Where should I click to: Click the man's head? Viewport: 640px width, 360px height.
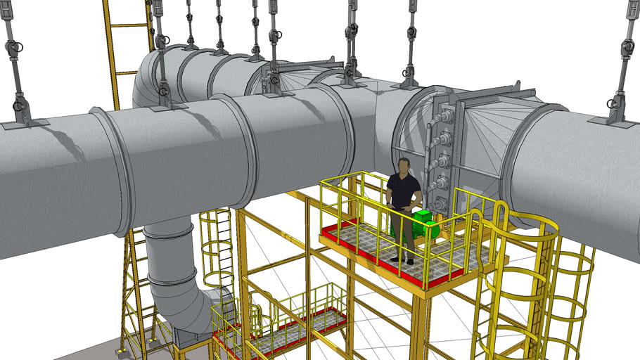point(404,167)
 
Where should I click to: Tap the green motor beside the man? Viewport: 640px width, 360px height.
point(425,224)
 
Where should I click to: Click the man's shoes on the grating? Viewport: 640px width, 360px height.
point(403,261)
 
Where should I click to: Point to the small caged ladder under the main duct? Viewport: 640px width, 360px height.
point(217,246)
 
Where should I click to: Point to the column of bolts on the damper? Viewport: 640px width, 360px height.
point(444,155)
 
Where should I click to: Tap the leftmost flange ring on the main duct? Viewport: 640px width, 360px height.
point(116,169)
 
